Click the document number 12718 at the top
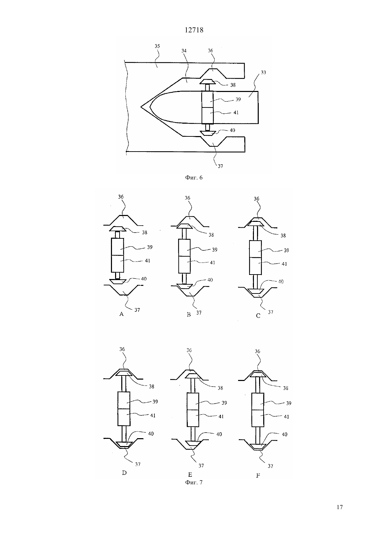194,30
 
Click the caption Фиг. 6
194,177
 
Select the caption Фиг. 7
194,482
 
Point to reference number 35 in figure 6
157,46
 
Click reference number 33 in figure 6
263,72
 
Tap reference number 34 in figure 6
184,51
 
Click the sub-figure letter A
121,314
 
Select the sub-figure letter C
258,316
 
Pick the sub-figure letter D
124,473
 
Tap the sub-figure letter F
258,475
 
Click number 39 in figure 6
238,99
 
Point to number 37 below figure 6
221,166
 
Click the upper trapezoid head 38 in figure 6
207,82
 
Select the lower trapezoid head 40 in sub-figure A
117,281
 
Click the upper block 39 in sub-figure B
184,248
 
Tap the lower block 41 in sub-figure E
193,418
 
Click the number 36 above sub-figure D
122,349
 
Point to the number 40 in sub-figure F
285,434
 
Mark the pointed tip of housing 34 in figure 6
141,107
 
